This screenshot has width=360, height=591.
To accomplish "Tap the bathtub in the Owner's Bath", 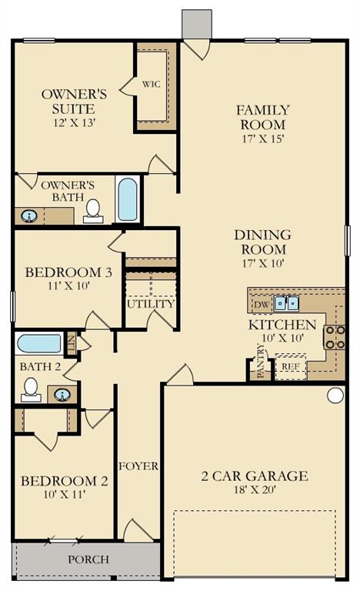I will click(x=128, y=199).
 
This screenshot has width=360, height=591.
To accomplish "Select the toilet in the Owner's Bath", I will click(x=93, y=210).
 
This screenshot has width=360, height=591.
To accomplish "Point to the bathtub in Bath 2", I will click(x=39, y=343).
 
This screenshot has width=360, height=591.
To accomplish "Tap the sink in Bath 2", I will click(x=62, y=396).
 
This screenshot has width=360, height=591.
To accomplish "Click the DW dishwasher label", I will click(x=261, y=305).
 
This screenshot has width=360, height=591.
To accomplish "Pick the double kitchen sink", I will click(x=286, y=303).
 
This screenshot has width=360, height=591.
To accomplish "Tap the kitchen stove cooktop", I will click(x=335, y=337).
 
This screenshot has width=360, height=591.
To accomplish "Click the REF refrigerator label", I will click(x=291, y=367).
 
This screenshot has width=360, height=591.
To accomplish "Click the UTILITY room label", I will click(x=150, y=303).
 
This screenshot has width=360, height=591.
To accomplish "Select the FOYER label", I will click(x=138, y=466).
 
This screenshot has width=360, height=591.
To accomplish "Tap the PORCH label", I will click(x=88, y=559).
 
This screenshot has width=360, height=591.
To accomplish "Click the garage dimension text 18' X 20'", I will click(x=255, y=489).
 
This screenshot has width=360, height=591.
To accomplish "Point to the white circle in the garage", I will click(x=335, y=396).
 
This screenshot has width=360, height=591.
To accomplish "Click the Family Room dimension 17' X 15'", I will click(x=262, y=139).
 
